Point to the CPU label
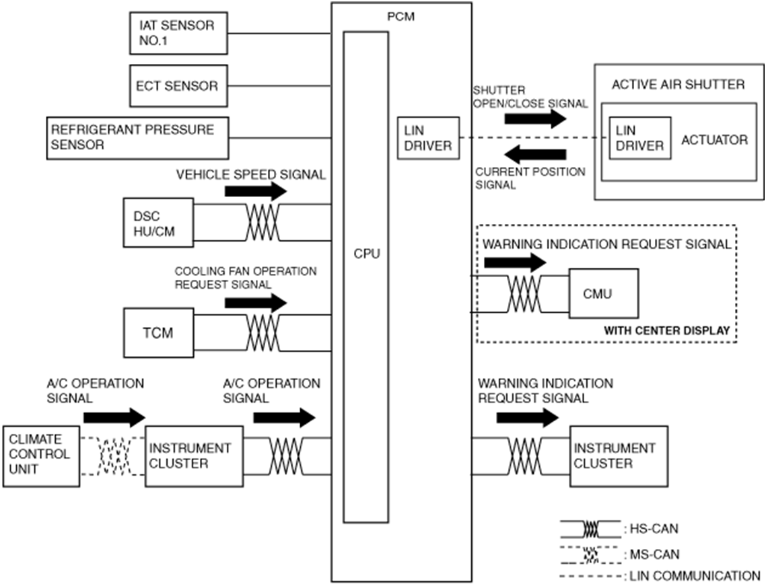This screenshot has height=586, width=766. (x=367, y=254)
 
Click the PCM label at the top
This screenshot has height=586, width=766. (x=401, y=17)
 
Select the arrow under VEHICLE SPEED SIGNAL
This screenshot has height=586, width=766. (x=256, y=192)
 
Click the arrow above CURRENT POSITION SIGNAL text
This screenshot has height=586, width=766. (x=535, y=154)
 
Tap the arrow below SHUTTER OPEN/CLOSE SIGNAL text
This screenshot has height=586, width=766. (x=535, y=118)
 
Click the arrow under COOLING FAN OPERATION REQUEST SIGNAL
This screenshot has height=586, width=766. (x=256, y=303)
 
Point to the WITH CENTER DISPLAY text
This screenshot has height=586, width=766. (x=667, y=330)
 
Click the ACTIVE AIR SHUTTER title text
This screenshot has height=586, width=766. (x=678, y=85)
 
